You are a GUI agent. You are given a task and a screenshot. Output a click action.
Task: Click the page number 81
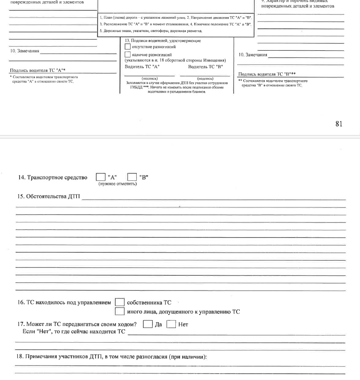339,123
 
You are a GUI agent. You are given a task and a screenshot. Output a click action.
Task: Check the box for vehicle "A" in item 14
100,178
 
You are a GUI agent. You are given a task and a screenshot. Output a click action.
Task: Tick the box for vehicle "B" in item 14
132,178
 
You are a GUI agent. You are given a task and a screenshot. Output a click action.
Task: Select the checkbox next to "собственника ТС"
120,303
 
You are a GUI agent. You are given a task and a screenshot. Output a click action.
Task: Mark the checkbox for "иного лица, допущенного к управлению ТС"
120,311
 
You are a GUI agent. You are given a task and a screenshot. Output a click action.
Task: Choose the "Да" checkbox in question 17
148,324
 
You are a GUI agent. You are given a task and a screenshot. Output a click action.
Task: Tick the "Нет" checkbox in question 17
171,324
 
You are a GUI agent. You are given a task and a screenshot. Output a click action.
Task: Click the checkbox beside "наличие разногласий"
128,55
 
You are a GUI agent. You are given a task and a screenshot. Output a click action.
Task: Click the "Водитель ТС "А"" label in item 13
142,67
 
